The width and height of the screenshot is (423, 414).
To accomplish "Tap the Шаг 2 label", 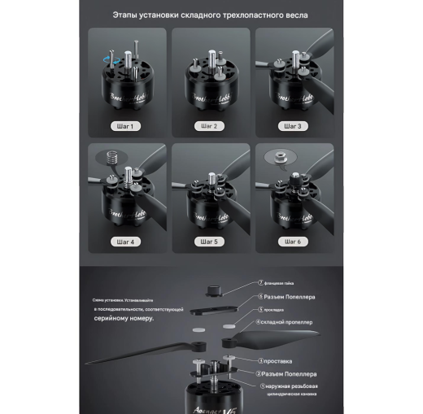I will point(209,126).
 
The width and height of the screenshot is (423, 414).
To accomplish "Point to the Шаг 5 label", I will point(209,242).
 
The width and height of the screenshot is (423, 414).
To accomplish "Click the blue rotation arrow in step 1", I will point(111,54).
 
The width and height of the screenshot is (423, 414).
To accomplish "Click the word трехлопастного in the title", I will point(243,15).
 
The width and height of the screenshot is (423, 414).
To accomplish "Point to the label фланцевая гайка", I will point(281,281).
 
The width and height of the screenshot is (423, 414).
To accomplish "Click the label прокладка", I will point(277,310).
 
